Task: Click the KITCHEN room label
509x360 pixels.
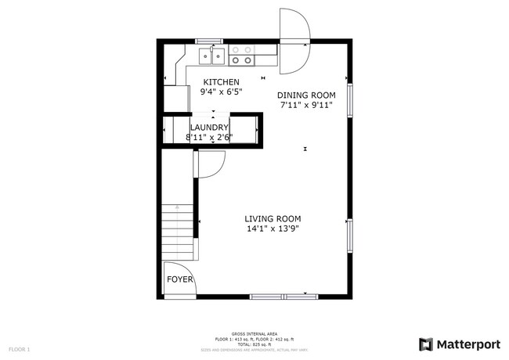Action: (222, 82)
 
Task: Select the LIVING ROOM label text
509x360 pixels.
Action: (273, 218)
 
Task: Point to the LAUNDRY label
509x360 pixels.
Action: (209, 128)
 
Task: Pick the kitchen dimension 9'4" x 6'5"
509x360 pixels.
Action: (222, 92)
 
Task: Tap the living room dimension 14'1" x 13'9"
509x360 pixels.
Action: (273, 229)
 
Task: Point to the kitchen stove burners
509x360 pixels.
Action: (243, 55)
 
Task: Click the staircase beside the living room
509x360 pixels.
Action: (178, 232)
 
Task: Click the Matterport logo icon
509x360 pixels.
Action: (425, 344)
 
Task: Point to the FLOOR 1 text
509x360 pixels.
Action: (19, 348)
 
